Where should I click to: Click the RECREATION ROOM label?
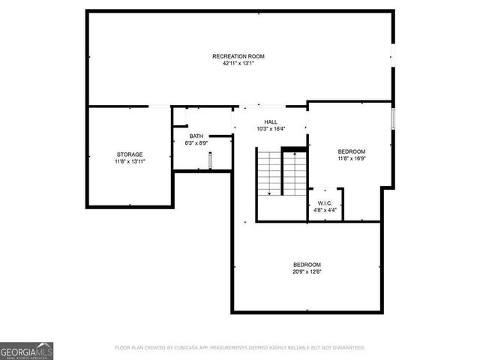click(238, 56)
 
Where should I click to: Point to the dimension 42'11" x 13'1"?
click(238, 64)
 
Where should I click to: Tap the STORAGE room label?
click(129, 154)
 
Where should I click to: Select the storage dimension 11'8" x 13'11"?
click(129, 161)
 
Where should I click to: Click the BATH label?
click(196, 136)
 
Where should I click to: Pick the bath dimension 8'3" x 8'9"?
click(196, 142)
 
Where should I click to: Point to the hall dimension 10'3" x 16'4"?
click(271, 128)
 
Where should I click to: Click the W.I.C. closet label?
click(325, 202)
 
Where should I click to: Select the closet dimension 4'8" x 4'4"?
click(325, 210)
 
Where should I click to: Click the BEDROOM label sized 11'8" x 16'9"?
click(351, 151)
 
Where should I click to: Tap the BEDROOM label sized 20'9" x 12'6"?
click(307, 264)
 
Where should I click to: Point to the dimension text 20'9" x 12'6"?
click(307, 271)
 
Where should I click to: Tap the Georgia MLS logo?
click(26, 350)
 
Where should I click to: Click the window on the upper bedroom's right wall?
click(391, 120)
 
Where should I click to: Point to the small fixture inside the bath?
click(211, 160)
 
